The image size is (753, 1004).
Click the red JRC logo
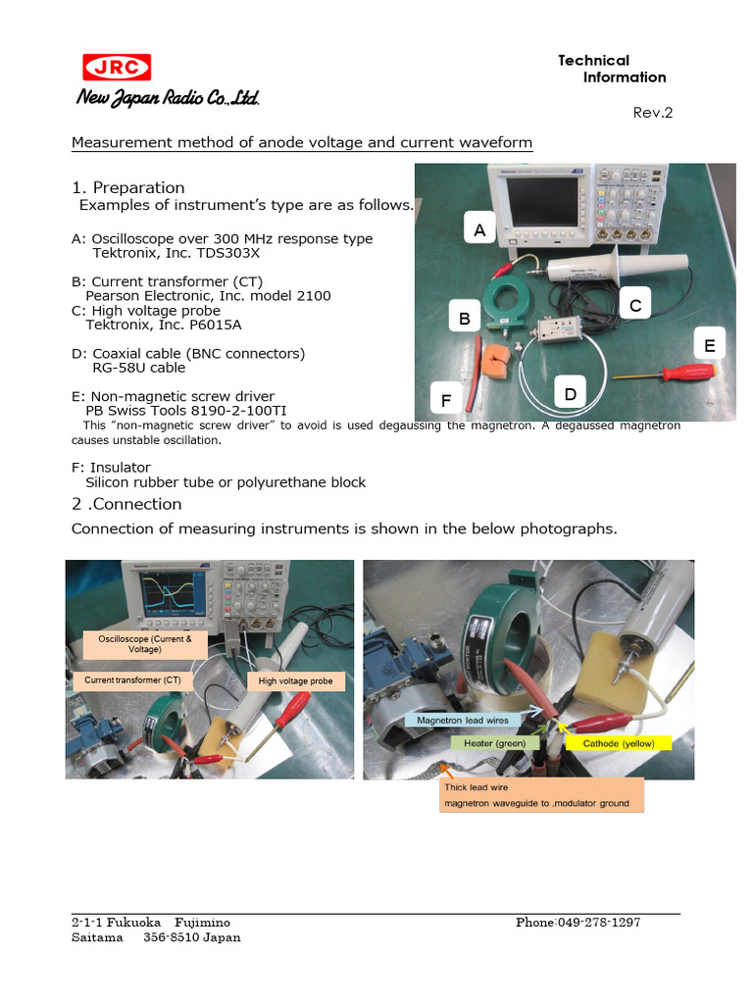116,67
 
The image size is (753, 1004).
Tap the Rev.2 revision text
653,113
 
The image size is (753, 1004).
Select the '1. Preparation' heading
128,187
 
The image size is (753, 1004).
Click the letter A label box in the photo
478,230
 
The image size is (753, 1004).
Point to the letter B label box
465,318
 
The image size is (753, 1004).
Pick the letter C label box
634,306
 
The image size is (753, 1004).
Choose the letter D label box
569,394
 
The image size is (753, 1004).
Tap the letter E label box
709,345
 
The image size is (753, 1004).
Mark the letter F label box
446,400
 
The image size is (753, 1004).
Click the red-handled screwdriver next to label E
667,374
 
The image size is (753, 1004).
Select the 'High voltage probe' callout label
295,680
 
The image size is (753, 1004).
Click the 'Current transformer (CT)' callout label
125,679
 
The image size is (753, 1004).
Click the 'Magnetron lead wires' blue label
462,720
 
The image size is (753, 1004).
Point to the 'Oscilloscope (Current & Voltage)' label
145,643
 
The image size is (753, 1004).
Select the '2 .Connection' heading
126,504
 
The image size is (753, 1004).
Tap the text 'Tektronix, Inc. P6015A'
164,325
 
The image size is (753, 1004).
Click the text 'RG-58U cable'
138,368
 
